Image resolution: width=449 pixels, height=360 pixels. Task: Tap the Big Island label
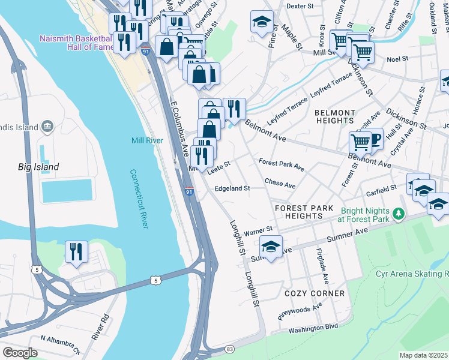(38, 167)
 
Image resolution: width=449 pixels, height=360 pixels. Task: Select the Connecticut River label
(139, 199)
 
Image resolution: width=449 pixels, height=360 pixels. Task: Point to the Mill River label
(147, 140)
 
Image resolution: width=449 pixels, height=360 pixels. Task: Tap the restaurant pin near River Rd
(76, 251)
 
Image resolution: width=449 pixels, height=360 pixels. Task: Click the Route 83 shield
(230, 349)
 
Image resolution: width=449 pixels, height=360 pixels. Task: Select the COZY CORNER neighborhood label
(315, 293)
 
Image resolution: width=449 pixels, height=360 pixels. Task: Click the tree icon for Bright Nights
(397, 214)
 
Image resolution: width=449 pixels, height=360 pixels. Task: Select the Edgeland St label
(232, 188)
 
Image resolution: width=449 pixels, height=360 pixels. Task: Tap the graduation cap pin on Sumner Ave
(271, 247)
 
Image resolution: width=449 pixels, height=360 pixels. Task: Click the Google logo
(20, 353)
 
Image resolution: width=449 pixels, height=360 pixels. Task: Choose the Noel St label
(397, 59)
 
